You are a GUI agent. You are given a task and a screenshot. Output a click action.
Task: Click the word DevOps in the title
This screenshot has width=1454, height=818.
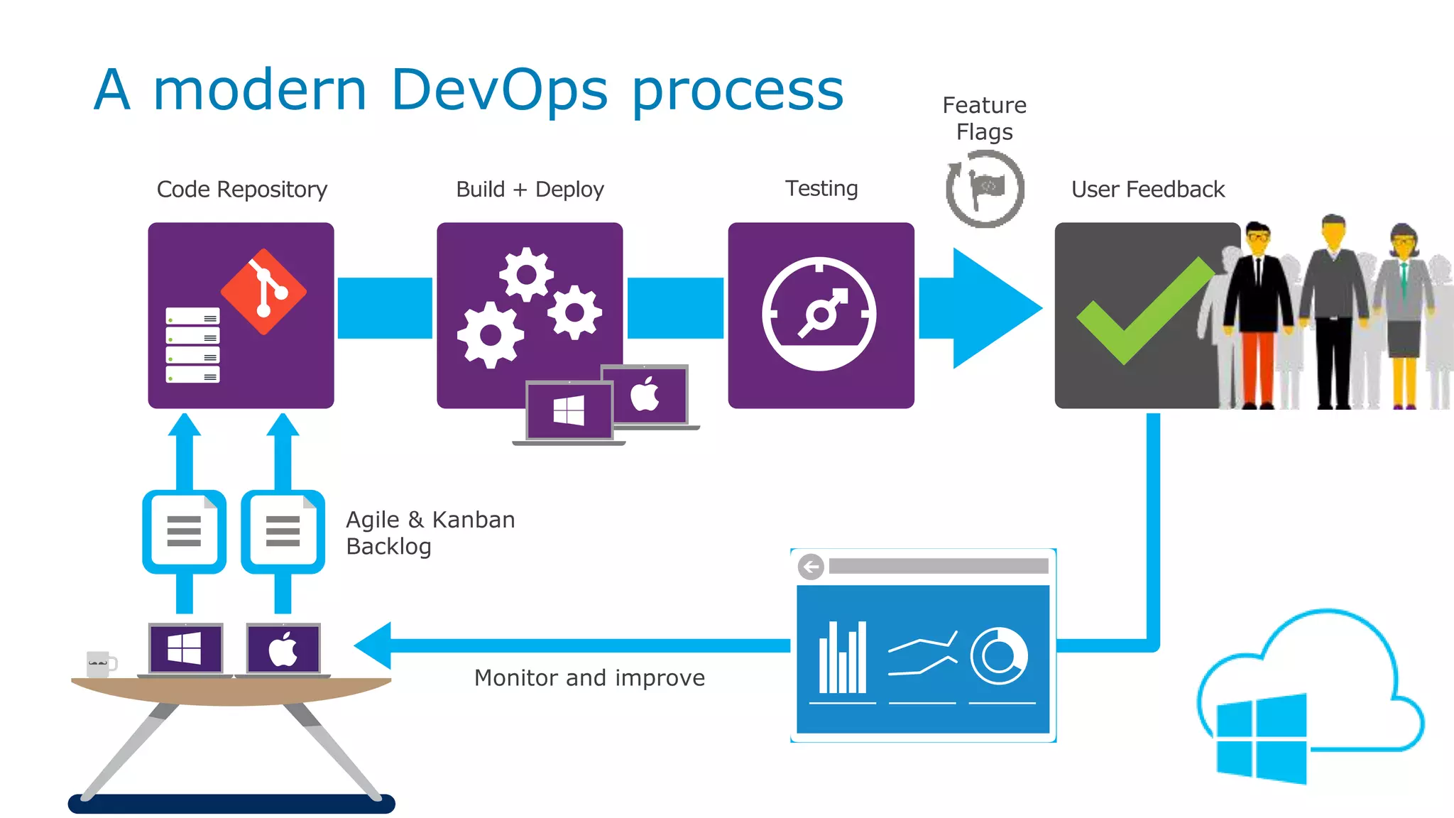[x=499, y=90]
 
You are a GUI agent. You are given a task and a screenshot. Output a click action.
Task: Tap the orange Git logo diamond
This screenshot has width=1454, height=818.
[x=263, y=291]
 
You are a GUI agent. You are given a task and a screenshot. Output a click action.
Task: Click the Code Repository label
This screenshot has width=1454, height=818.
[x=241, y=190]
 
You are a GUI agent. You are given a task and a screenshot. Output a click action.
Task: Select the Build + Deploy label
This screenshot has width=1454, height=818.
[x=530, y=190]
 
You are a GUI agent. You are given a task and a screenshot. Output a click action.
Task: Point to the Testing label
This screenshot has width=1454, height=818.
[x=821, y=188]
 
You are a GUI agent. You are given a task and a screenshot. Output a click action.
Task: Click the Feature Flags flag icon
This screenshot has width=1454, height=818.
[x=985, y=188]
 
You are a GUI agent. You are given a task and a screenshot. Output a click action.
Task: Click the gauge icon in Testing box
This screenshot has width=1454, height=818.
[x=819, y=314]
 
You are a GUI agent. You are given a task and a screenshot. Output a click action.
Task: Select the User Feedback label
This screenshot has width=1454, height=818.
[x=1148, y=190]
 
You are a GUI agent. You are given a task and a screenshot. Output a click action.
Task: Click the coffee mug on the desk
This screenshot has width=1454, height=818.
[x=100, y=663]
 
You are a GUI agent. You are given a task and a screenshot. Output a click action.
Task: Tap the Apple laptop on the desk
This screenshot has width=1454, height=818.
[x=283, y=649]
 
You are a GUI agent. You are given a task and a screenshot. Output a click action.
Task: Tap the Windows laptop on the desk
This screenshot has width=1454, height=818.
[x=185, y=649]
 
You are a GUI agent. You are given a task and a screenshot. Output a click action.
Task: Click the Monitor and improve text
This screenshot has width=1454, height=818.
[x=589, y=678]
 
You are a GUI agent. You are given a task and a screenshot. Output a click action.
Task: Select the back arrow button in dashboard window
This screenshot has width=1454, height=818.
[x=811, y=567]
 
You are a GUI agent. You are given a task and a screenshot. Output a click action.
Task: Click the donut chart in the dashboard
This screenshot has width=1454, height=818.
[x=998, y=656]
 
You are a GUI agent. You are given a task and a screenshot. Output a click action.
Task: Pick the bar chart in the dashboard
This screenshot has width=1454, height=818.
[x=843, y=658]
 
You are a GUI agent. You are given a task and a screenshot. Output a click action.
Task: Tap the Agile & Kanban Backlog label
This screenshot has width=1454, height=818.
[x=430, y=533]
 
